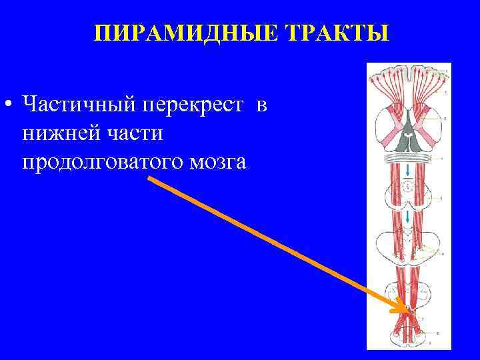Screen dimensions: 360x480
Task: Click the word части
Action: [x=133, y=133]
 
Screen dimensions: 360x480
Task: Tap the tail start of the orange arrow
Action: [x=148, y=179]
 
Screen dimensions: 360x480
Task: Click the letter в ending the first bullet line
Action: [x=261, y=105]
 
